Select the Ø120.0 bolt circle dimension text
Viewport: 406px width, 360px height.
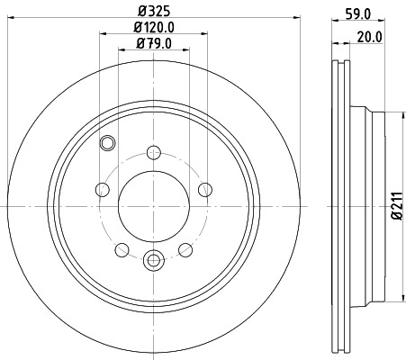pyautogui.click(x=154, y=29)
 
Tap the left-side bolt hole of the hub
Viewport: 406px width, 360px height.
pyautogui.click(x=102, y=189)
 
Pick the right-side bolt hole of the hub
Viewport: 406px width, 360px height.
pyautogui.click(x=204, y=189)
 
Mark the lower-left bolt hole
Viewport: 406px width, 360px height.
pyautogui.click(x=122, y=249)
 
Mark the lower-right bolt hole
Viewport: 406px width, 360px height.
pyautogui.click(x=185, y=249)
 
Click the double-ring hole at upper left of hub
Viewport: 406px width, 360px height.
pyautogui.click(x=108, y=141)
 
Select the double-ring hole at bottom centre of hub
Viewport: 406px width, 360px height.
pyautogui.click(x=153, y=261)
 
